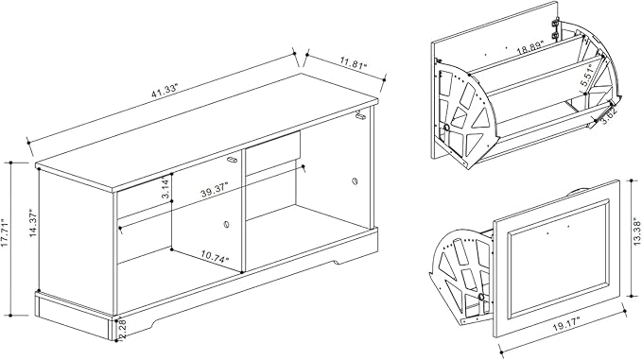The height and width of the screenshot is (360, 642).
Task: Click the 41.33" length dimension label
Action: click(165, 91)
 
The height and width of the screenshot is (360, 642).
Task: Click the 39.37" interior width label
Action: click(215, 190)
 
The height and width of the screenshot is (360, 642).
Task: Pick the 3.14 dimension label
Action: click(165, 188)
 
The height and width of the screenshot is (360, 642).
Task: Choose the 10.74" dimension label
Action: click(215, 256)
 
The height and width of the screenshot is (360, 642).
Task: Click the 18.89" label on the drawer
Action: click(529, 48)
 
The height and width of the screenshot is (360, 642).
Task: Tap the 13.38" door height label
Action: click(636, 233)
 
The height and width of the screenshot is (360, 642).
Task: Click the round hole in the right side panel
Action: click(355, 180)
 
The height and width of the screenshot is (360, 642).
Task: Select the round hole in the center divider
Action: click(226, 224)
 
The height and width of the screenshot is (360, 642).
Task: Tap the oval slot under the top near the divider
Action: click(233, 160)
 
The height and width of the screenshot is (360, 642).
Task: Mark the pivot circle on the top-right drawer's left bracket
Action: click(446, 129)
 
